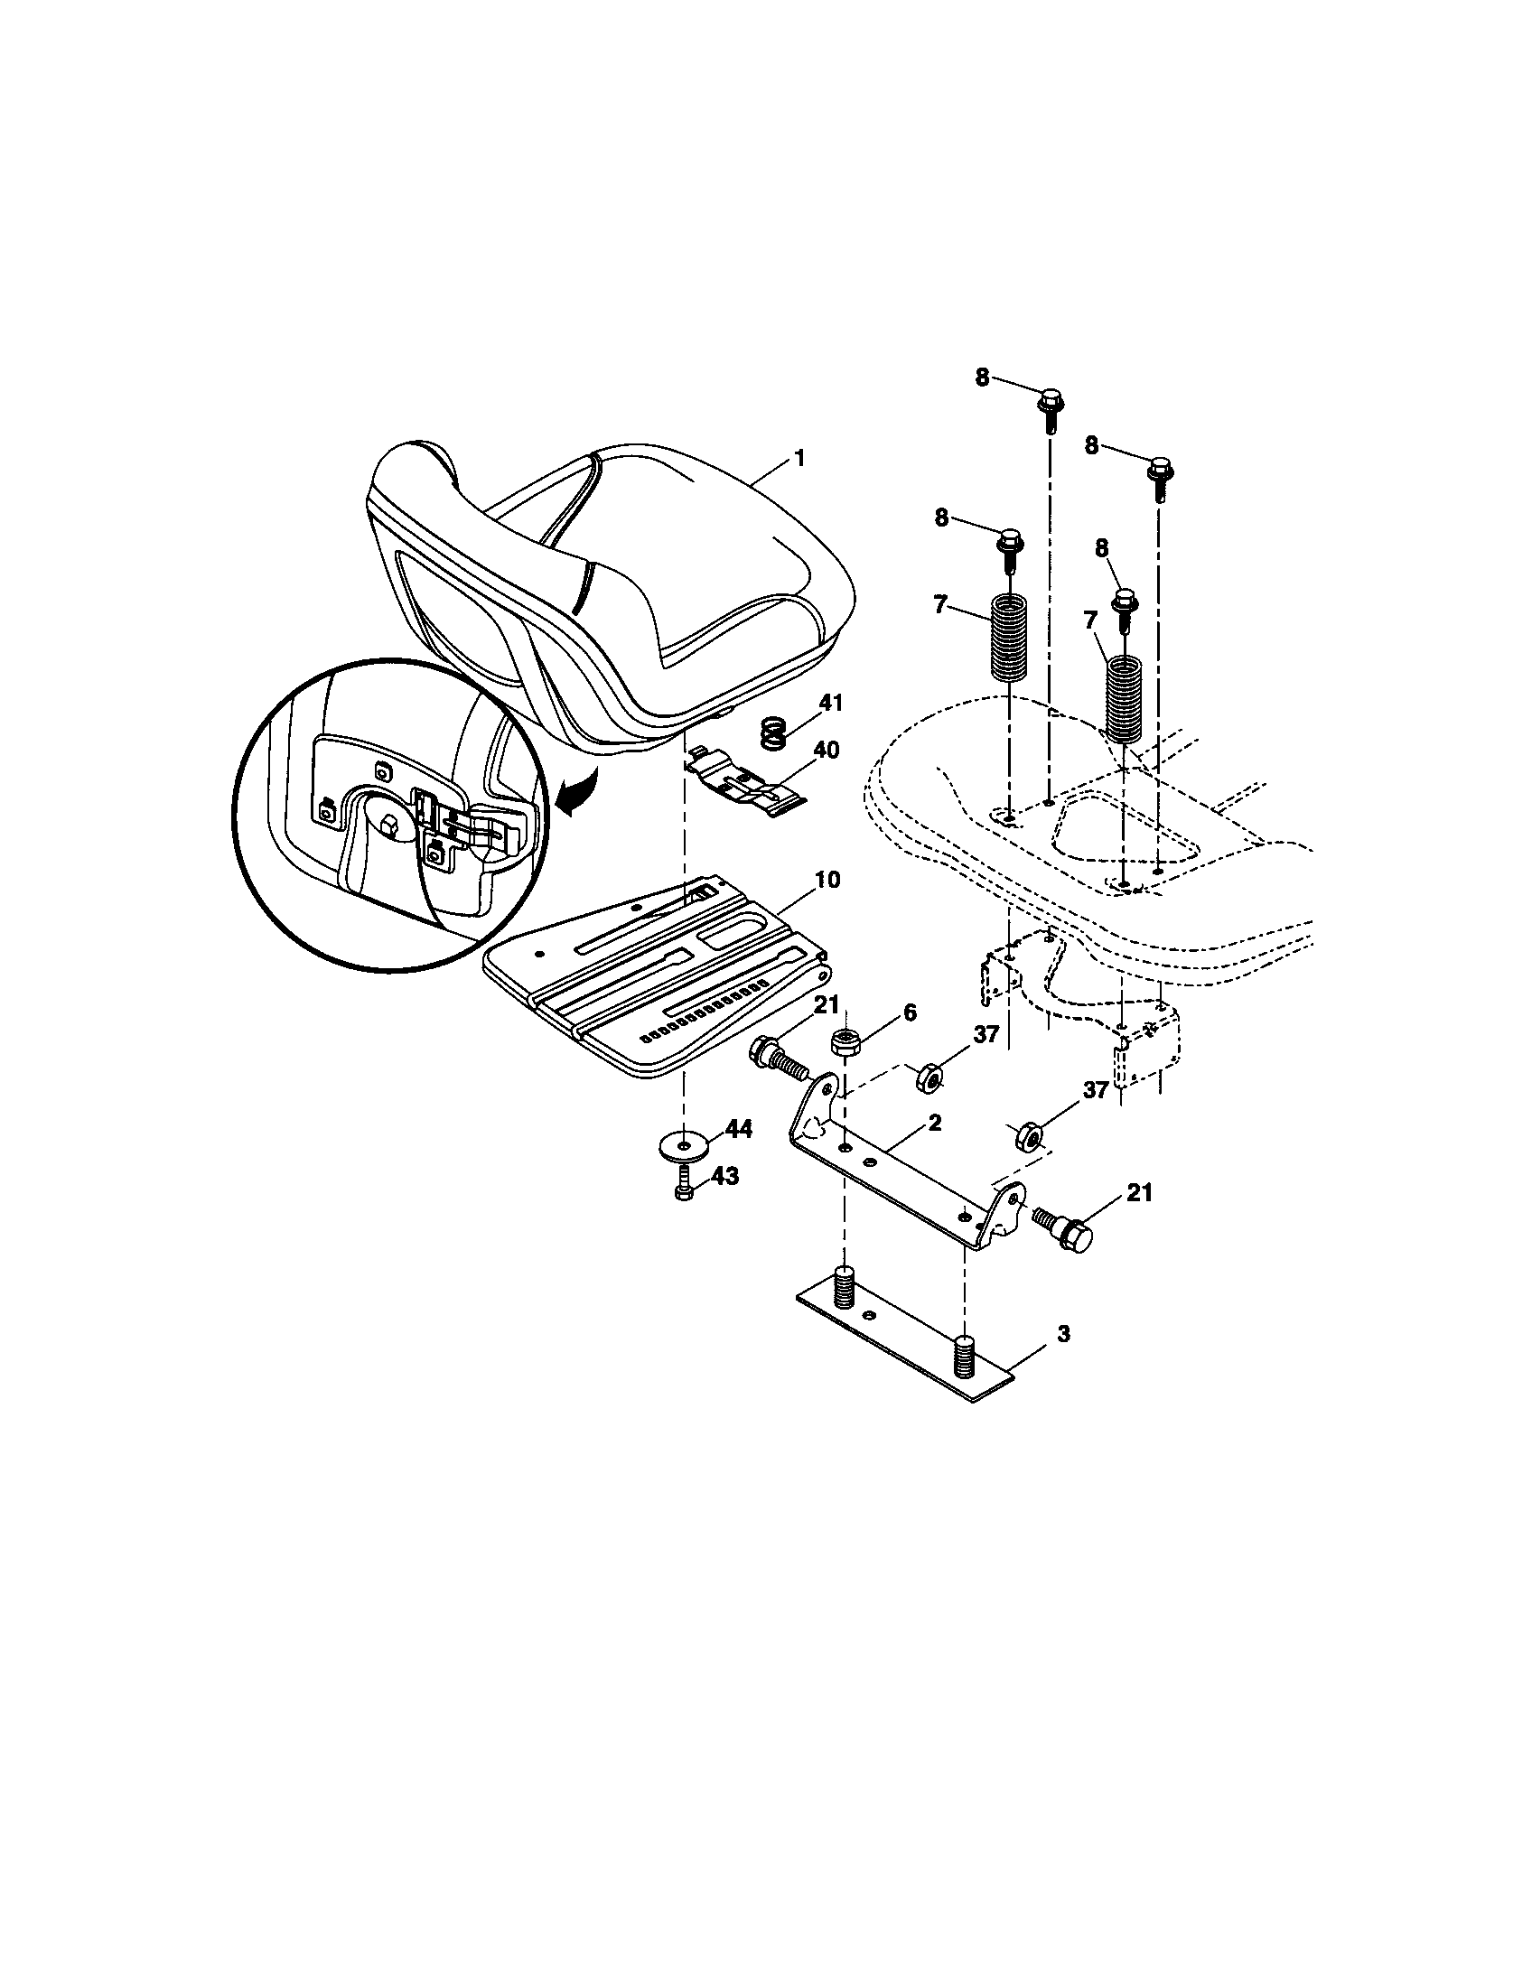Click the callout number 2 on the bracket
point(934,1124)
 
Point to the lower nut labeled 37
point(1029,1137)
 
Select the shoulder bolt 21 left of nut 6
point(776,1059)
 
